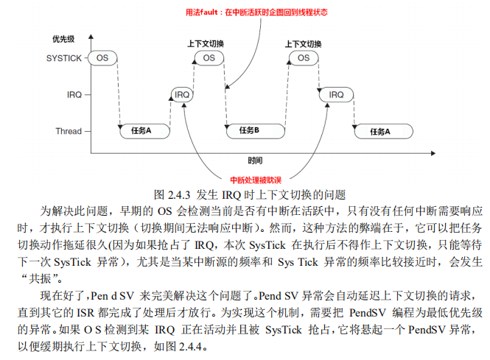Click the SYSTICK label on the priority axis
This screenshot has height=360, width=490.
tap(64, 57)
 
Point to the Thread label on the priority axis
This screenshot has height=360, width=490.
tap(68, 131)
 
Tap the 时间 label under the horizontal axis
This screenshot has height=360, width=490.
tap(255, 160)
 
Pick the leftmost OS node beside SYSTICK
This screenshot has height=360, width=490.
tap(102, 57)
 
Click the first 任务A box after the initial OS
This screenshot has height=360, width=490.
tap(141, 131)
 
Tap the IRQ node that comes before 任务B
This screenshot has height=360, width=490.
tap(182, 94)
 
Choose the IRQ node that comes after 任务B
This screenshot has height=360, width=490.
tap(336, 94)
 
